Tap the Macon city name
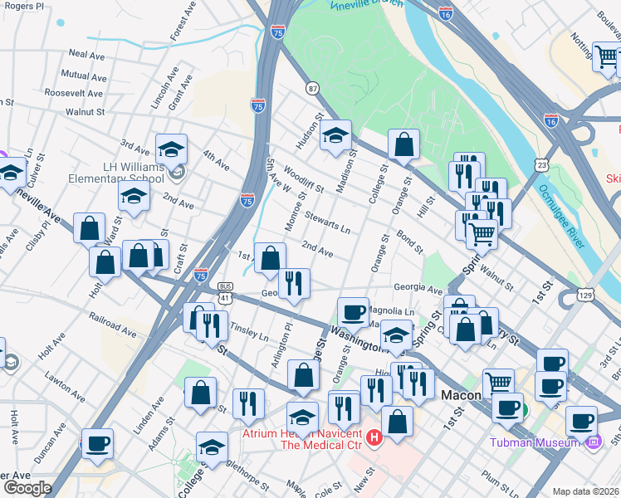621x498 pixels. pos(461,395)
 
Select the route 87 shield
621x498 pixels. pos(312,88)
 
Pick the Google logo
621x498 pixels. pos(27,488)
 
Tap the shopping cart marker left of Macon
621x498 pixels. pos(498,382)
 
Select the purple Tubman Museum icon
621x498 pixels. pos(592,442)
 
